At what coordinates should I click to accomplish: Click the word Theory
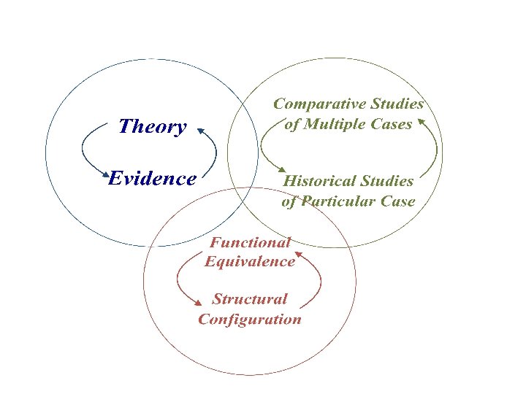152,127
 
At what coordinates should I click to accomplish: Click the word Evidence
152,179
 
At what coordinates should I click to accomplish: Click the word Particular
342,201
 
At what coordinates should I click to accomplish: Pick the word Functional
251,242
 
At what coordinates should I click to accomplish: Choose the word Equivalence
251,261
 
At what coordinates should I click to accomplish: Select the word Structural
250,299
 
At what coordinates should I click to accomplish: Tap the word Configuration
250,319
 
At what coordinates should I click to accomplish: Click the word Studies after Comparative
399,104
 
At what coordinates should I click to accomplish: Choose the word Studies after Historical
389,181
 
